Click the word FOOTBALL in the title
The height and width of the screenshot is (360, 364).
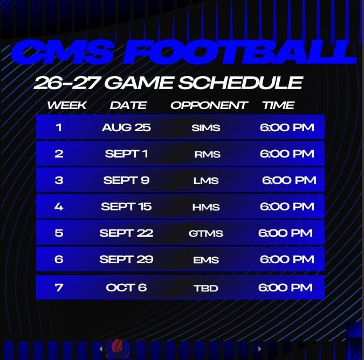tap(239, 52)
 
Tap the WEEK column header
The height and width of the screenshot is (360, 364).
tap(67, 105)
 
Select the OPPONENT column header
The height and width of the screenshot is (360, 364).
tap(209, 105)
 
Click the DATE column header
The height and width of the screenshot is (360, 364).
tap(128, 105)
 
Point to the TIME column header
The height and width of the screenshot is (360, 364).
tap(279, 105)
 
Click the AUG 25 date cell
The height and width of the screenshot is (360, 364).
tap(126, 127)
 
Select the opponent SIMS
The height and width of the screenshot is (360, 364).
tap(206, 128)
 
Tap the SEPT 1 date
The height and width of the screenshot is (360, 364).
tap(126, 154)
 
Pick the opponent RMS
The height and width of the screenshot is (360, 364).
tap(207, 154)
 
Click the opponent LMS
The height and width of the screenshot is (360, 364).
tap(206, 181)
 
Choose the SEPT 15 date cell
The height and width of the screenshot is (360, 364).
tap(126, 206)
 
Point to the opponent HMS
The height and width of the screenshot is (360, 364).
tap(206, 207)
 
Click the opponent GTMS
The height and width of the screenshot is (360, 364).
tap(206, 233)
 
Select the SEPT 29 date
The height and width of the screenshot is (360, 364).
tap(126, 259)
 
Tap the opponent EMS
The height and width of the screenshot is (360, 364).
tap(206, 260)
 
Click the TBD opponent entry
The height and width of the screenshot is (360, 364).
tap(206, 288)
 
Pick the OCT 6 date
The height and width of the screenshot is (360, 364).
tap(126, 288)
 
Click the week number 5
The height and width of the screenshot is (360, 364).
tap(59, 233)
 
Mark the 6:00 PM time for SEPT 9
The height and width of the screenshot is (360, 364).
tap(289, 180)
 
